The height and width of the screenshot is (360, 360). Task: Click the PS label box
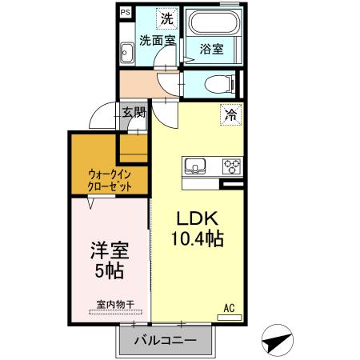click(126, 12)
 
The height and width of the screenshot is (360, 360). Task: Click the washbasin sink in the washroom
click(126, 54)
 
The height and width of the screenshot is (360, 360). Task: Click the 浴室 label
click(211, 49)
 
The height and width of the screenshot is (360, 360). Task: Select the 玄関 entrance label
click(133, 112)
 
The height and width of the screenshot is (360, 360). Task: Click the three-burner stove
click(232, 166)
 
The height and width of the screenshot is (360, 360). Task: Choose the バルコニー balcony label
click(165, 341)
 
